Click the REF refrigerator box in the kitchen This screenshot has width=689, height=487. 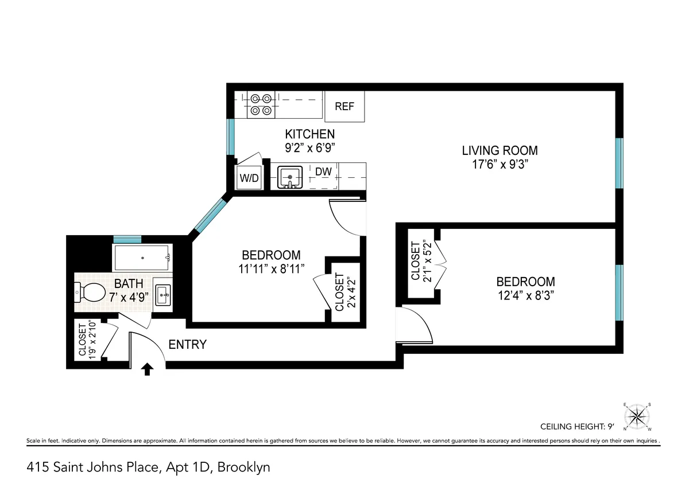click(x=344, y=106)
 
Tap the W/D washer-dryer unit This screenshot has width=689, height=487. click(x=249, y=178)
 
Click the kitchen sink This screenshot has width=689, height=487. click(x=291, y=177)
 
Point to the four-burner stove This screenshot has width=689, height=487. click(x=261, y=104)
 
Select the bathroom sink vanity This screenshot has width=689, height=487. click(x=163, y=295)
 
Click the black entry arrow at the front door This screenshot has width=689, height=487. click(x=147, y=369)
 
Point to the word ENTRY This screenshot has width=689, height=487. click(x=187, y=345)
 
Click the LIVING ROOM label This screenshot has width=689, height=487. click(x=500, y=151)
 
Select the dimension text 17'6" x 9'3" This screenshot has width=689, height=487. click(x=500, y=164)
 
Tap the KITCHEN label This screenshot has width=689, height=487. click(x=310, y=134)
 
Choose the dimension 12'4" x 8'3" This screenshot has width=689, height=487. click(x=525, y=295)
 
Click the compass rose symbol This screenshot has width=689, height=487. click(x=637, y=415)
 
